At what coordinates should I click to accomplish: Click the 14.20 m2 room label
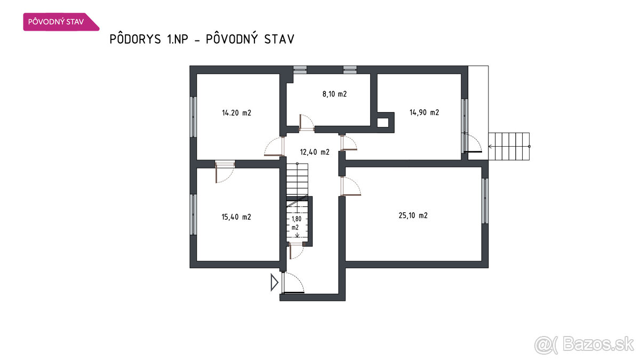point(237,113)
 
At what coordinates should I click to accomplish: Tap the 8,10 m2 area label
point(334,94)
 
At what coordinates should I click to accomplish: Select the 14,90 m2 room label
point(425,113)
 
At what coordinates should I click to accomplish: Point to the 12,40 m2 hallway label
point(315,152)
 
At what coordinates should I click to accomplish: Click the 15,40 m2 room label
point(236,217)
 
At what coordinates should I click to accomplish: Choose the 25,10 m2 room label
point(413,215)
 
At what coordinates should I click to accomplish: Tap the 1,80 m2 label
point(297,223)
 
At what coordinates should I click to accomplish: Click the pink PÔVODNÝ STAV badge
point(61,22)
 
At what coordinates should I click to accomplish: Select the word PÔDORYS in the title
point(135,39)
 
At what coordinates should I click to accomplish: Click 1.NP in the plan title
point(178,39)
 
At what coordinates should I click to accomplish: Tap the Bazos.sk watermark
point(585,345)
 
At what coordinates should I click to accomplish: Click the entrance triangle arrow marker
point(274,282)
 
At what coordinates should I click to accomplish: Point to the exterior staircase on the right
point(509,147)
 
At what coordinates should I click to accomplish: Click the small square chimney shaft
point(383,123)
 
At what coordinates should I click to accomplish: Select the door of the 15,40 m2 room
point(225,172)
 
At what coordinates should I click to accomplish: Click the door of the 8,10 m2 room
point(307,123)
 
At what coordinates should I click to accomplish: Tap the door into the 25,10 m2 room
point(350,186)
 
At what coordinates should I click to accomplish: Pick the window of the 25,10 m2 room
point(485,201)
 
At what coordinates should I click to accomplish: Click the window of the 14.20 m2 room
point(194,117)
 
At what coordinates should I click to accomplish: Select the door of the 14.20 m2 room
point(274,146)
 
